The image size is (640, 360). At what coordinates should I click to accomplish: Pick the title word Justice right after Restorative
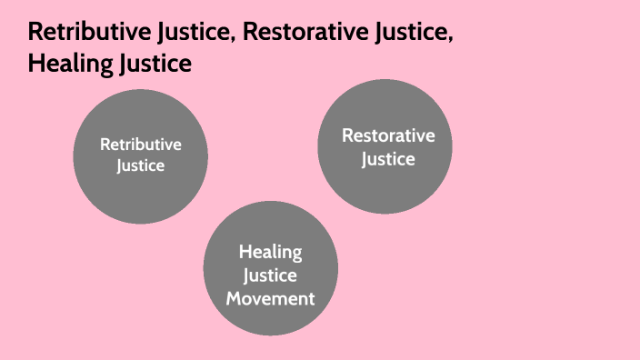pos(410,35)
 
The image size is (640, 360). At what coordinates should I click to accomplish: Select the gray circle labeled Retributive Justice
pos(140,156)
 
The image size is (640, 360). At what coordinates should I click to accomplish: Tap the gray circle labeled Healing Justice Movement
pos(270,268)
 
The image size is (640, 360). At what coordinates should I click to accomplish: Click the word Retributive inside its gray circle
pos(141,145)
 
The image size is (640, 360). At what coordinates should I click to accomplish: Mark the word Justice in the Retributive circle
pos(141,165)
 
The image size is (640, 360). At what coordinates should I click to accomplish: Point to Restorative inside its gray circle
pos(388,136)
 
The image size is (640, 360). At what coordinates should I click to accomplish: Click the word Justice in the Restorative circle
pos(388,159)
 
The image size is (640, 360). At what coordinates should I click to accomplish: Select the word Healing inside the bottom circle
pos(270,252)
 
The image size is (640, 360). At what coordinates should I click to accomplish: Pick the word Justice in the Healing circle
pos(270,275)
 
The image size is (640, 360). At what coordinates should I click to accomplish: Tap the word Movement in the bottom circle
pos(270,297)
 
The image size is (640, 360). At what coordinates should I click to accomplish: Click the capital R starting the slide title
pos(35,35)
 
